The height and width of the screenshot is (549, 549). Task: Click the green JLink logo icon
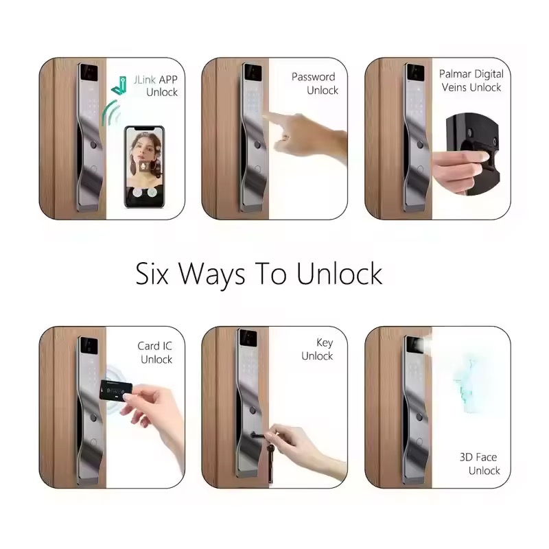pos(119,85)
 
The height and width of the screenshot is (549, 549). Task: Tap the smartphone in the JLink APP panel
pos(144,167)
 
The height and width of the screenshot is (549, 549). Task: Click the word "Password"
pos(314,77)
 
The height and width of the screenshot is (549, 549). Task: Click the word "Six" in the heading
pos(152,273)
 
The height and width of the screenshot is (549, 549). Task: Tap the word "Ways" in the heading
pos(212,275)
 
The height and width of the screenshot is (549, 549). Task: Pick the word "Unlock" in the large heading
pos(339,273)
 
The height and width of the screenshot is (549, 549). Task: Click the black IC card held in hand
pos(115,390)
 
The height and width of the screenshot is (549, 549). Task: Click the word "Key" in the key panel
pos(325,342)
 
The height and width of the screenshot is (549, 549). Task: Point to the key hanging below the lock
pos(270,461)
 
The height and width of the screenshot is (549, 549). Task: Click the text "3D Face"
pos(478,457)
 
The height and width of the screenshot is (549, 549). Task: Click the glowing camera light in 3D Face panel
pos(425,345)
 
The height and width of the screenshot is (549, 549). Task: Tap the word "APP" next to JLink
pos(168,80)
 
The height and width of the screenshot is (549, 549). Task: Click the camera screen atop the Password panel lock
pos(252,73)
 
